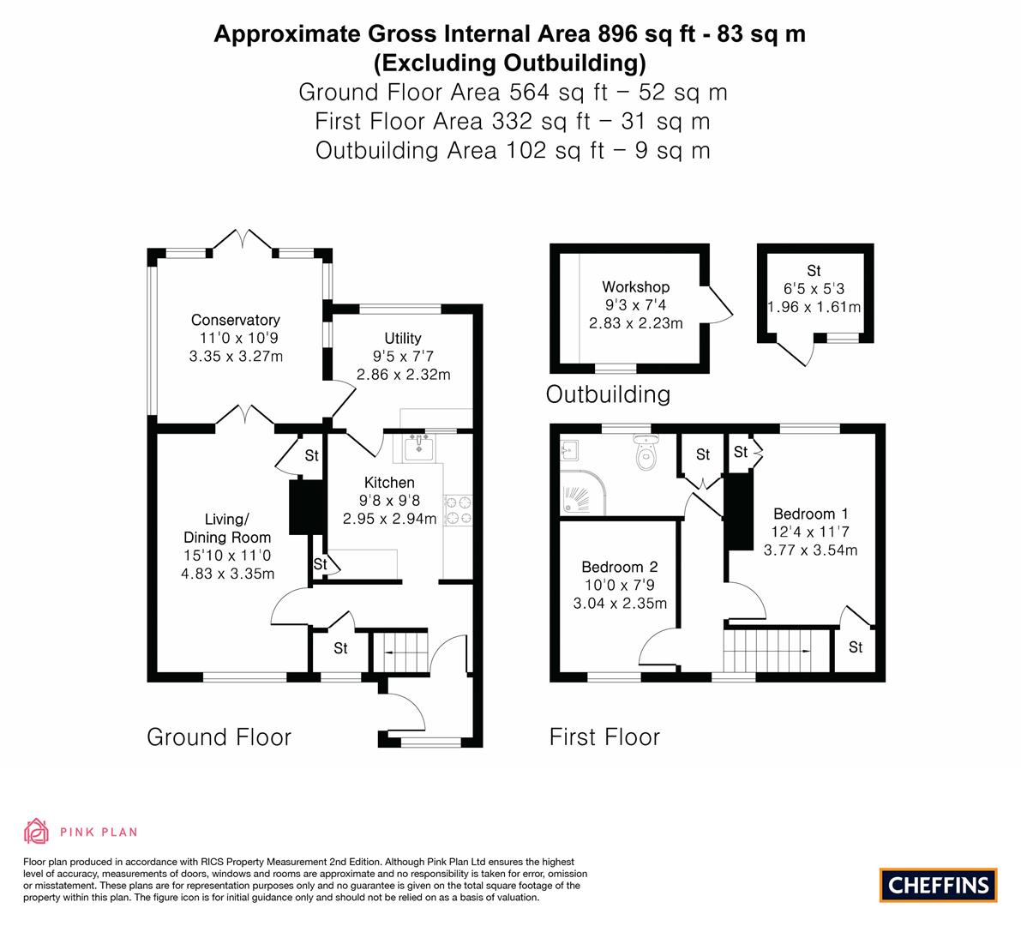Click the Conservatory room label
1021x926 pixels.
click(x=235, y=321)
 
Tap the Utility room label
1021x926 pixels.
click(x=402, y=339)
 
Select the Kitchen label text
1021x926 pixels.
click(x=389, y=483)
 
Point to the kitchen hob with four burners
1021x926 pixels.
click(x=458, y=510)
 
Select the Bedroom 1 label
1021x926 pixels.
click(x=804, y=514)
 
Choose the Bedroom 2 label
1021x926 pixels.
click(x=619, y=567)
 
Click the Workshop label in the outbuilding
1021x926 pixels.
click(x=635, y=287)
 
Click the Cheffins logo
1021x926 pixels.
click(x=938, y=885)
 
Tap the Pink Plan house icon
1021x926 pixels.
click(x=36, y=831)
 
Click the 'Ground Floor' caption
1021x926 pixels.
click(x=219, y=737)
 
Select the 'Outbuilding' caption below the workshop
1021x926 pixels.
click(x=608, y=394)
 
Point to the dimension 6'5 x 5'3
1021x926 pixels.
click(x=814, y=289)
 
